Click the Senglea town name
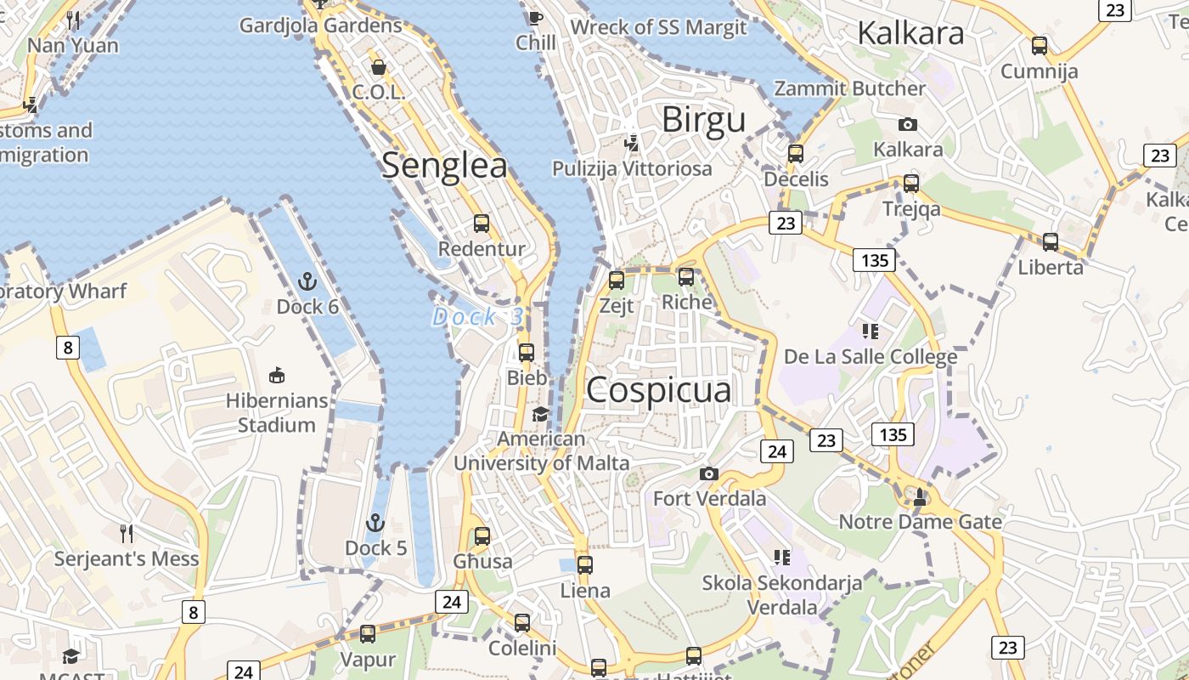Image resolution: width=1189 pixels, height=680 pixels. pos(444,165)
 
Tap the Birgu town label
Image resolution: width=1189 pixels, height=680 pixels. pos(703,120)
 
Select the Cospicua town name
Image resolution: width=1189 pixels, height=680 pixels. pos(659,390)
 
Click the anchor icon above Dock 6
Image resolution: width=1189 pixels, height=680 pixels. pos(307,281)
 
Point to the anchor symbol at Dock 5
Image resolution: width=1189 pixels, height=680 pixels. pos(375,523)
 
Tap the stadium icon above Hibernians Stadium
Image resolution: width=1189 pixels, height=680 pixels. pos(276,374)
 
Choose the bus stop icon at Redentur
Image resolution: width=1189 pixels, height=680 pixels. pos(482,224)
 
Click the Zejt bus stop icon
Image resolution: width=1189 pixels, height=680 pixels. pos(617,280)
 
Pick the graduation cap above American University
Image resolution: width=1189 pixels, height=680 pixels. pos(540,414)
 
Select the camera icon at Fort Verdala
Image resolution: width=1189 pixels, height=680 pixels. pos(709,473)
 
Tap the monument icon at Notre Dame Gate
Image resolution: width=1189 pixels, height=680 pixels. pos(920,496)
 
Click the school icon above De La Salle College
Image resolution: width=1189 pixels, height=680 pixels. pos(870,331)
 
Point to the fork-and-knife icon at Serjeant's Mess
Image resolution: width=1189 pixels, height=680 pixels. pos(127,533)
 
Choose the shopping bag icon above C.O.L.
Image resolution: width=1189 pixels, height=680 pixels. pos(379,66)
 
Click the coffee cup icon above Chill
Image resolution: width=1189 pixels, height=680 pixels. pos(535,17)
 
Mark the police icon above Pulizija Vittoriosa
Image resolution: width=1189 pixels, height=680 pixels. pos(631,143)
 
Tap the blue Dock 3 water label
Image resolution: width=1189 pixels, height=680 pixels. pos(477,317)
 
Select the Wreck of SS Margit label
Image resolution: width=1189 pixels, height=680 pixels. pos(658,27)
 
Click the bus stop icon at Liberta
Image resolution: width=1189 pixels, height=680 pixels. pos(1051,242)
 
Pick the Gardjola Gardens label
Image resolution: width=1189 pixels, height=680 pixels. pos(320,25)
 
